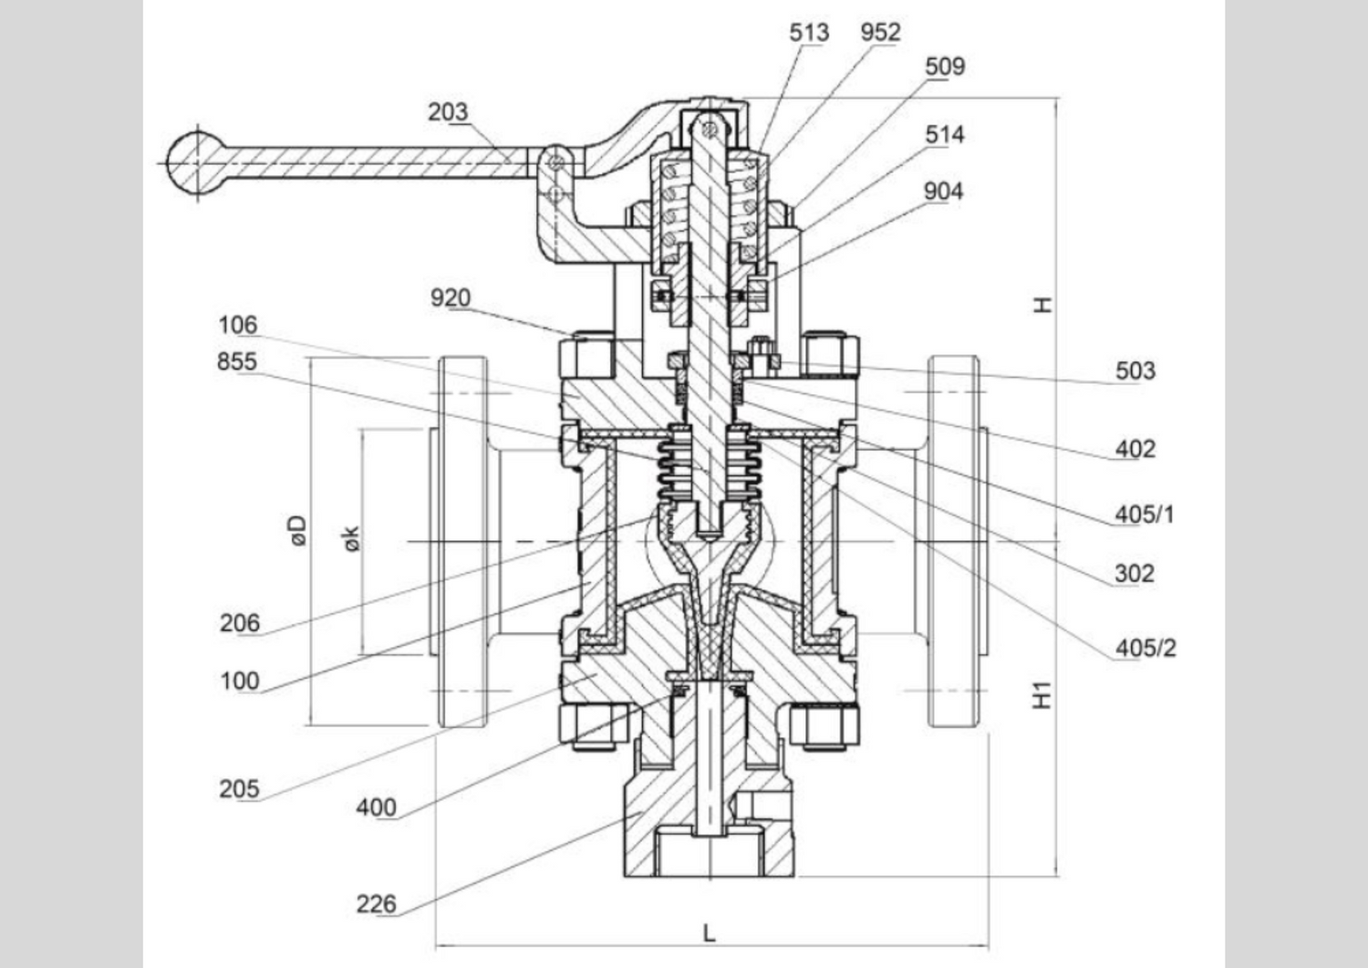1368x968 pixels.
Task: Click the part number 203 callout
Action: click(448, 112)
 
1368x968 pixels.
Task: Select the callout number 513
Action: click(809, 33)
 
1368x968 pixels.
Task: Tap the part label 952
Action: click(880, 33)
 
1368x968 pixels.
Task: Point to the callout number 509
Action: click(945, 67)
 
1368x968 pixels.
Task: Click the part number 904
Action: click(943, 192)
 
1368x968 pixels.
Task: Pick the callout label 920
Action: click(451, 298)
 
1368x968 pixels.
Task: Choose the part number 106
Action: click(237, 325)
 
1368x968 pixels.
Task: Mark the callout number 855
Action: click(237, 362)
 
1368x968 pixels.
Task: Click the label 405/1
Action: click(1145, 515)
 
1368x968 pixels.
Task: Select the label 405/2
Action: click(1145, 649)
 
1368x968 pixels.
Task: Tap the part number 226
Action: click(376, 904)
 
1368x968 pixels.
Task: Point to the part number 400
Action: click(376, 807)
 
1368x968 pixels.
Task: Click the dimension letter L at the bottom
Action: click(710, 932)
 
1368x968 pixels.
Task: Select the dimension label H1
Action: click(1042, 695)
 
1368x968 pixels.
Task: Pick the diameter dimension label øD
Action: click(298, 531)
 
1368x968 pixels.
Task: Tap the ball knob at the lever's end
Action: click(194, 163)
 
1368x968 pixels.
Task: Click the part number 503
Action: click(1135, 371)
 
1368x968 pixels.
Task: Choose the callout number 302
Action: click(1135, 574)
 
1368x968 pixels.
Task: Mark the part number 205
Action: click(239, 789)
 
